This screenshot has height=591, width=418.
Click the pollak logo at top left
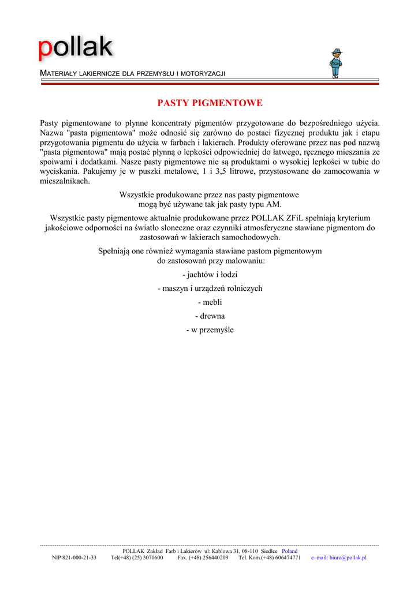click(76, 48)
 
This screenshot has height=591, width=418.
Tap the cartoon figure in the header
click(335, 63)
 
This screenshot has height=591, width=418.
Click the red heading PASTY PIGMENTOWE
click(210, 103)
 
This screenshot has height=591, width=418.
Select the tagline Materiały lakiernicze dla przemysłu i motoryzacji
click(132, 74)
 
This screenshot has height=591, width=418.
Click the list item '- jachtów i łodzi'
click(210, 275)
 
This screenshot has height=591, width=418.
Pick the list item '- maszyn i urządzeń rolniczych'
click(210, 289)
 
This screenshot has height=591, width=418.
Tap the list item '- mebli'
click(210, 302)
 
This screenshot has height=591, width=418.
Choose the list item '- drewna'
click(210, 316)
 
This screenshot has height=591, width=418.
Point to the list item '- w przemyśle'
click(210, 330)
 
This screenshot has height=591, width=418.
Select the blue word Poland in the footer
click(290, 551)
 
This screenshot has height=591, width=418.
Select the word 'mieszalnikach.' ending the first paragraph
click(65, 181)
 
